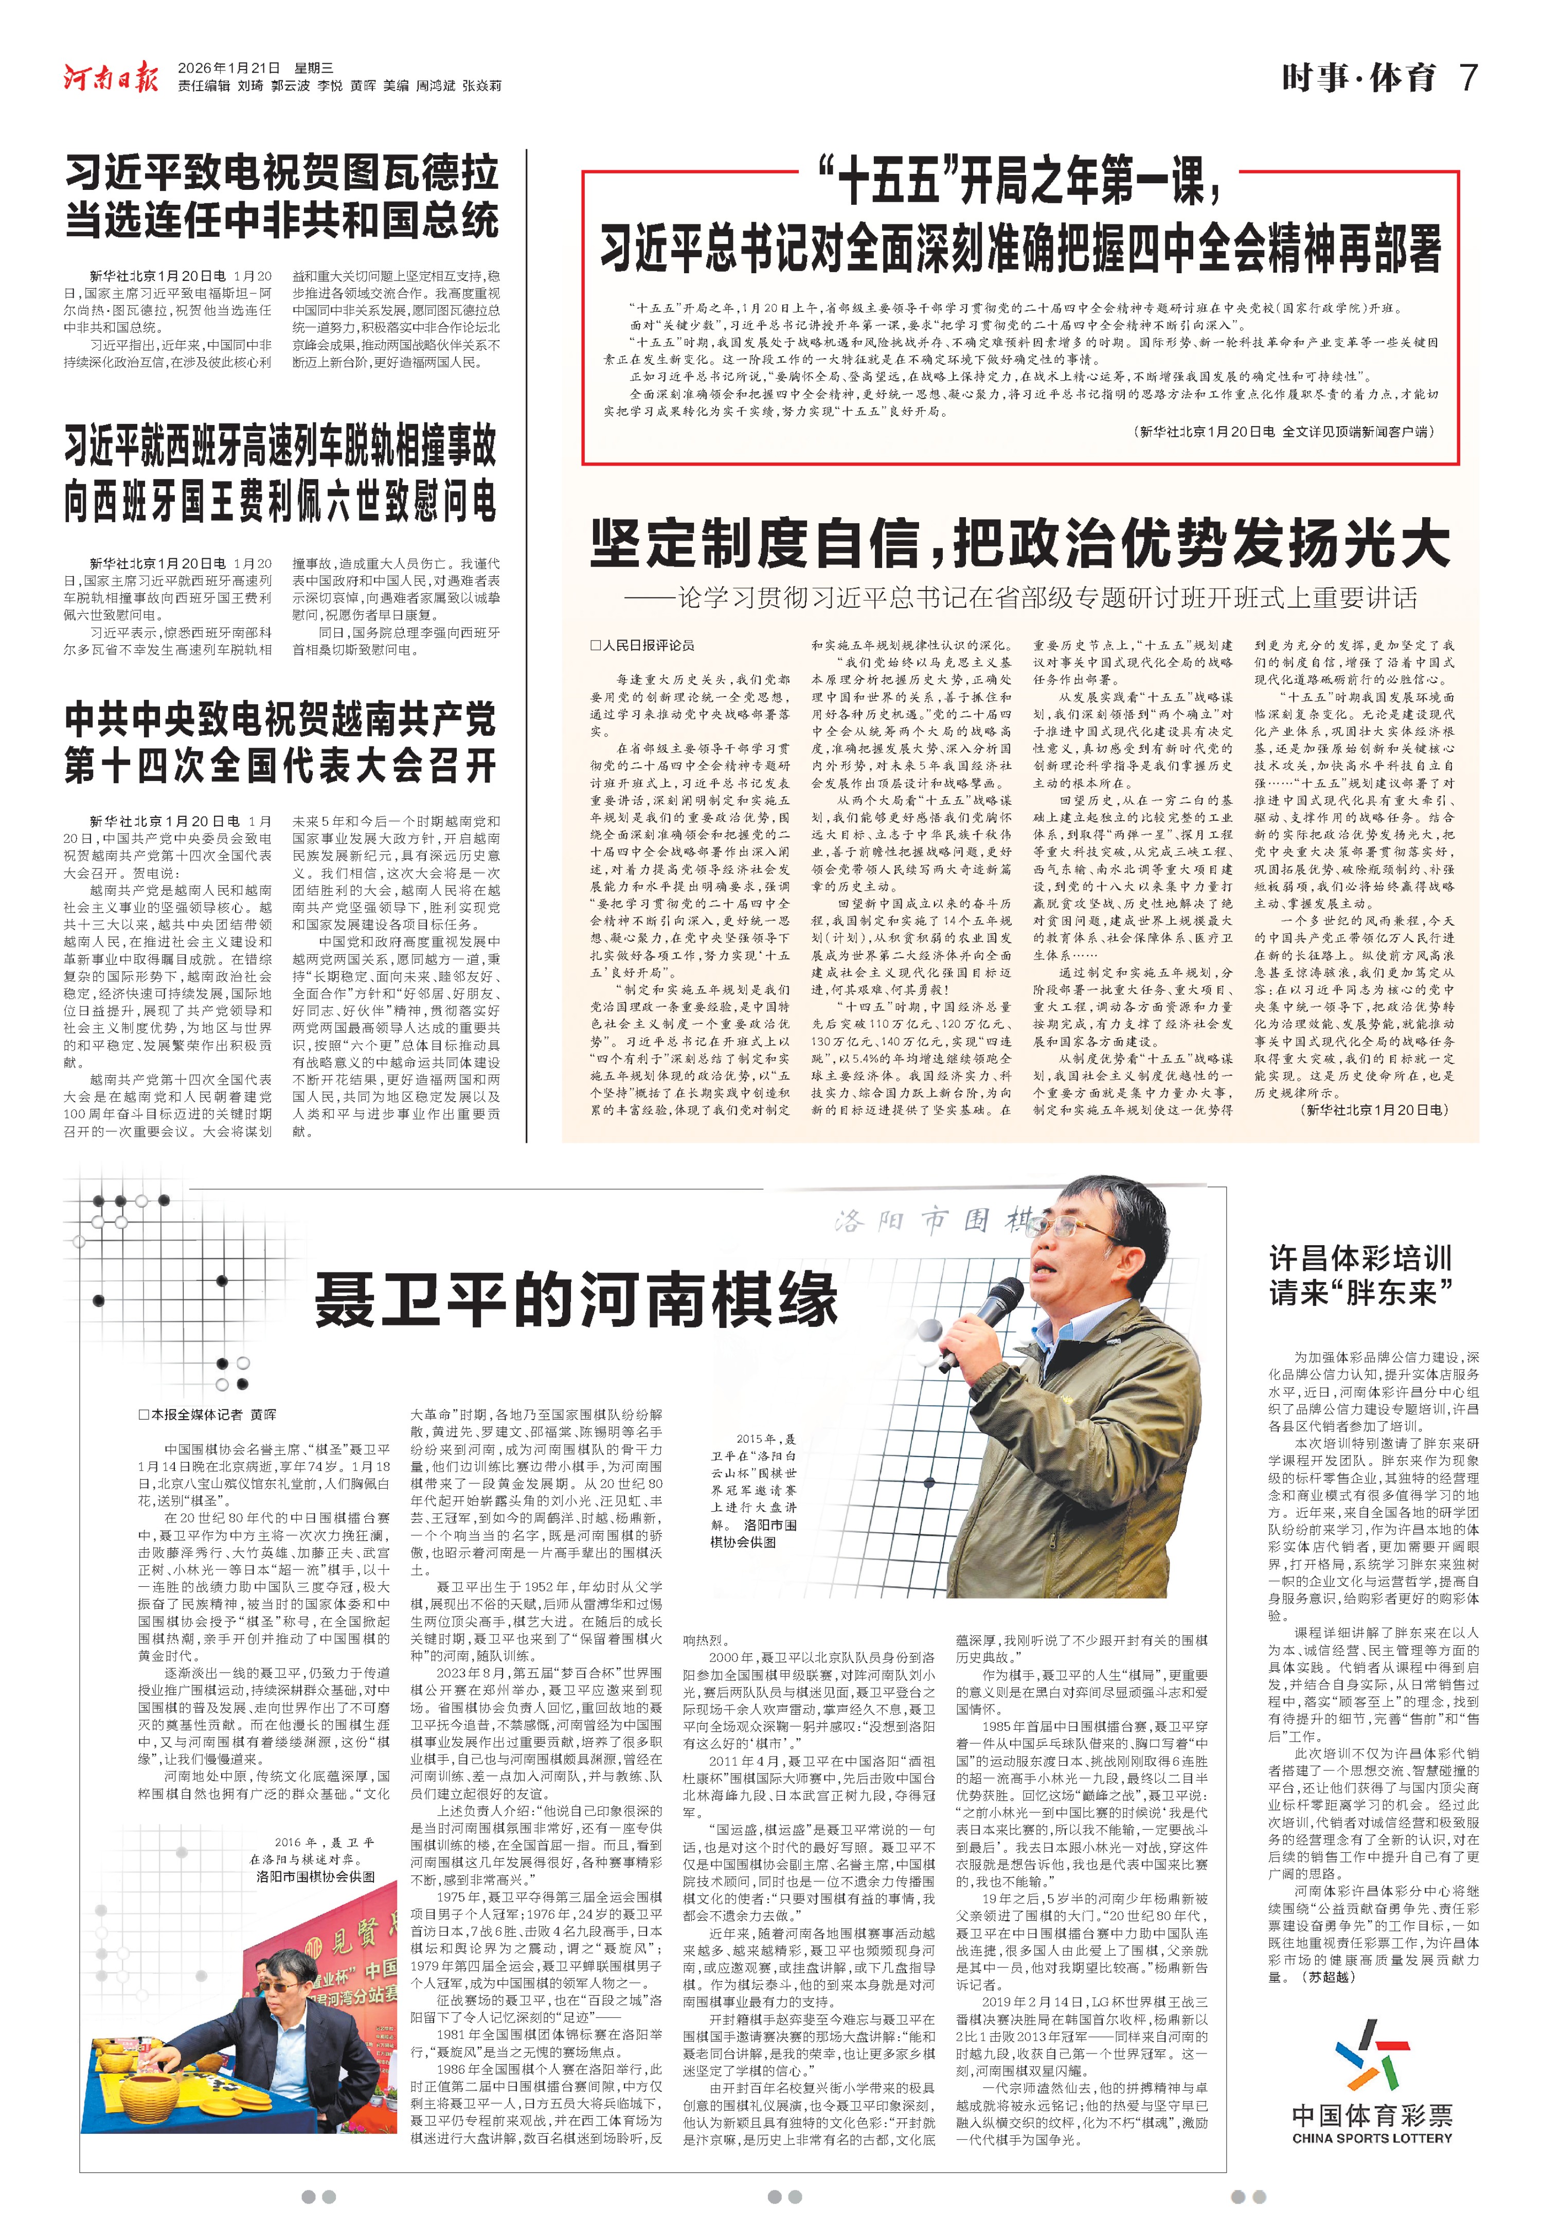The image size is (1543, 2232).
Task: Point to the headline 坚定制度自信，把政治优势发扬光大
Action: (x=1020, y=543)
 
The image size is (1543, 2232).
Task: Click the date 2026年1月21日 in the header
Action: (x=229, y=68)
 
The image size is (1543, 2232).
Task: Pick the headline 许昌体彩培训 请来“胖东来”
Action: (x=1361, y=1274)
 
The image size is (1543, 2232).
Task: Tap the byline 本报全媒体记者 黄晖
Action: (x=208, y=1414)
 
